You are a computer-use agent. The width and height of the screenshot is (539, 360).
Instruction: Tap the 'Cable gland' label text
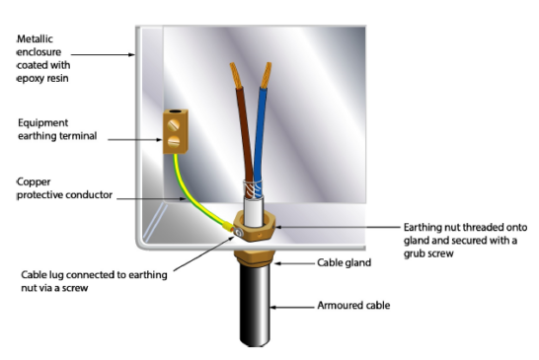(x=345, y=262)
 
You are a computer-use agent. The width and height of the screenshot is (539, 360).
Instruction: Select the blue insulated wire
(x=263, y=138)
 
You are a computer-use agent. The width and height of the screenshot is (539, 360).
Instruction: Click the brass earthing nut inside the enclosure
(x=259, y=229)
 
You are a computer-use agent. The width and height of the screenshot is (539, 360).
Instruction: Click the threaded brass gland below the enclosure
(x=257, y=259)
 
